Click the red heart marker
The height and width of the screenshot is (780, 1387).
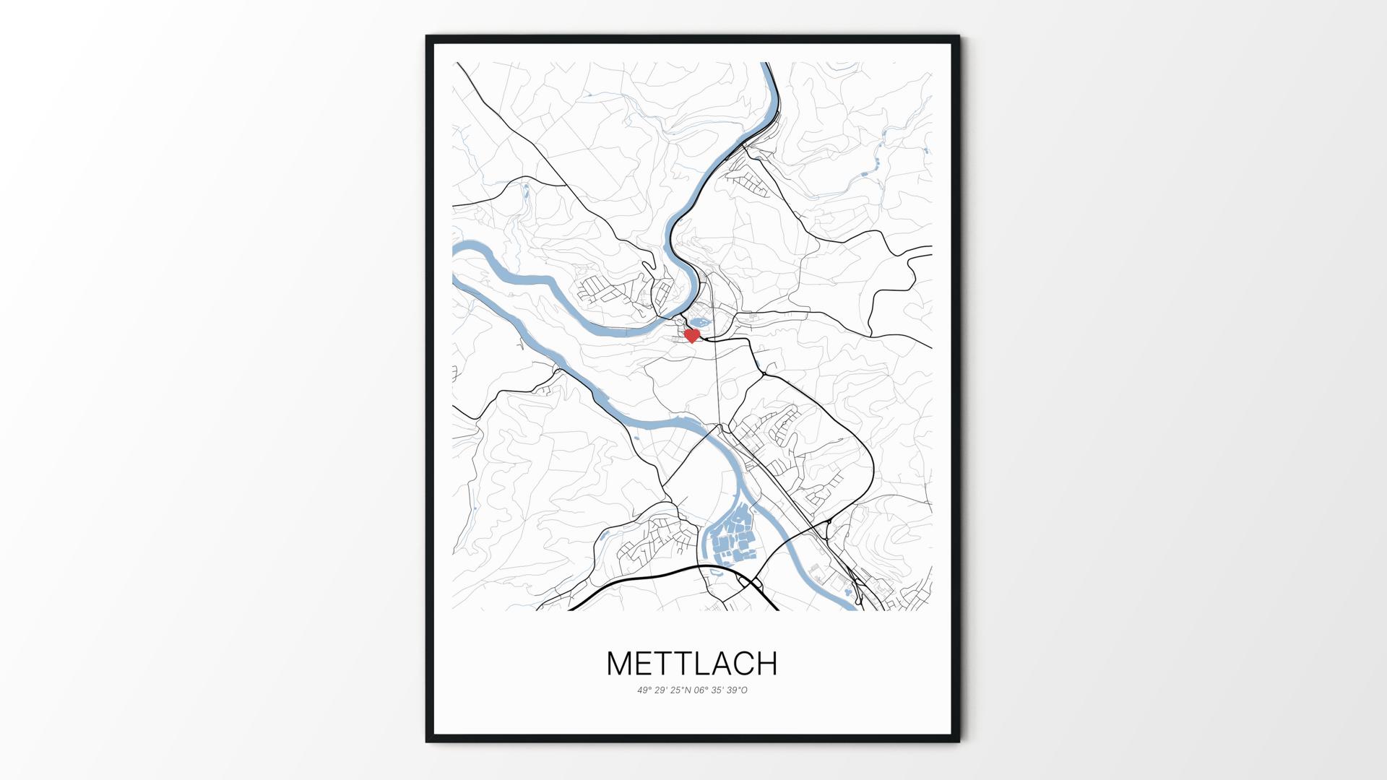pos(691,336)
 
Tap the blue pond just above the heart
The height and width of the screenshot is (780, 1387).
pos(699,323)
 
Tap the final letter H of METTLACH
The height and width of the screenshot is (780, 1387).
pos(766,664)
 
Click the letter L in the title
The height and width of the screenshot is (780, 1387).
pos(695,664)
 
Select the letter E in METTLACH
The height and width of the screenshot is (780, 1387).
pos(647,664)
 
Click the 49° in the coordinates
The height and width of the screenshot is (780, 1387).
pos(644,690)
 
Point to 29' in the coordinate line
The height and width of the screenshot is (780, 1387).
pos(660,690)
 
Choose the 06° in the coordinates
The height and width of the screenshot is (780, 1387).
pos(701,690)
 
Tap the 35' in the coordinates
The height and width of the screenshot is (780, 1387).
pos(717,690)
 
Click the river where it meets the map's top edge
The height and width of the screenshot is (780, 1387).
pos(767,64)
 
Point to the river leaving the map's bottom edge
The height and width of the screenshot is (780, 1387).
pos(852,608)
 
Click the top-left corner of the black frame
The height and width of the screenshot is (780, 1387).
pos(428,37)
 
